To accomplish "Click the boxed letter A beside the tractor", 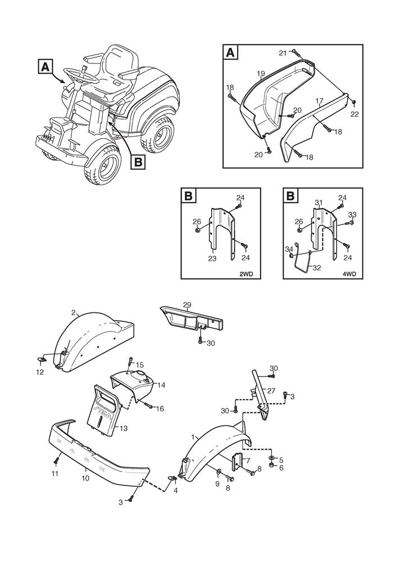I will [x=46, y=66].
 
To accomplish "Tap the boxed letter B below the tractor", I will [x=138, y=162].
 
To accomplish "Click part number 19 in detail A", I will [x=261, y=74].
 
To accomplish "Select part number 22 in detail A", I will [x=354, y=114].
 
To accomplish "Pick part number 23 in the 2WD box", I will [x=212, y=259].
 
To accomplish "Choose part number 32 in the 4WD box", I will [x=317, y=268].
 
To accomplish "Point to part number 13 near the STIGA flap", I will [x=123, y=428].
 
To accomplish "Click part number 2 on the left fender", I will [x=74, y=312].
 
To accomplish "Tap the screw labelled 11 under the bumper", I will [x=56, y=461].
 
